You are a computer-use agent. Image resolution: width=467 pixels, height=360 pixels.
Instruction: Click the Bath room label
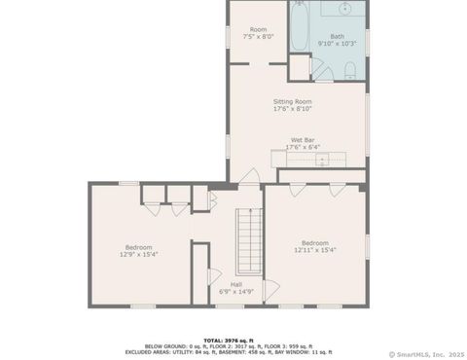point(337,36)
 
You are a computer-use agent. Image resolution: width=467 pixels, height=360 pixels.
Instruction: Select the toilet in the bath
point(348,68)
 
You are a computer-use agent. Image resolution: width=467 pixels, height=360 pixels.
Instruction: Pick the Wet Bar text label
point(302,140)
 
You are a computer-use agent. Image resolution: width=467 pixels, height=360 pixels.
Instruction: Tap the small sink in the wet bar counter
point(317,160)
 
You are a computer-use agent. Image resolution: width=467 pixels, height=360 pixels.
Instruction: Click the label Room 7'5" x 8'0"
point(258,33)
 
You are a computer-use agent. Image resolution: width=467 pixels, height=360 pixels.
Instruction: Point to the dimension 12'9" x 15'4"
point(139,254)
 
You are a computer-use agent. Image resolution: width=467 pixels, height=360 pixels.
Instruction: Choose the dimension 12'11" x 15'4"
point(315,250)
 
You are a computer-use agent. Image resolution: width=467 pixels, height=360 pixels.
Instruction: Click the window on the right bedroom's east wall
point(367,248)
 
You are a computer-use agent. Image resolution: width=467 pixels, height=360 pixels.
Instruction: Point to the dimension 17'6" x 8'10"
point(291,109)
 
